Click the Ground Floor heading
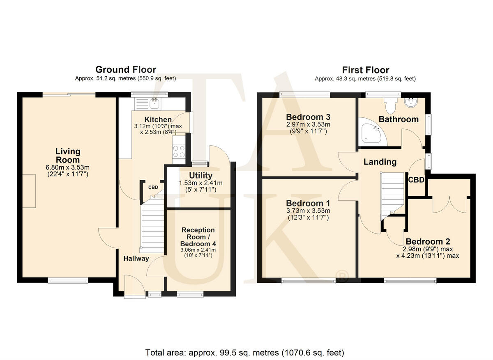pos(126,70)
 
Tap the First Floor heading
pos(366,70)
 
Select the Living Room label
pos(67,156)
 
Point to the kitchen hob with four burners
pos(179,151)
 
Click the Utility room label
pos(201,176)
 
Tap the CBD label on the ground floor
pos(153,187)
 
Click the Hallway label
pos(136,258)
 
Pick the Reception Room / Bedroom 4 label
pos(198,237)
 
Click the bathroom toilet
pos(390,105)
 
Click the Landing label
pos(380,162)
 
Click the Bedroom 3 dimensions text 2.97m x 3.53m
pos(308,124)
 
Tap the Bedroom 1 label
pos(308,203)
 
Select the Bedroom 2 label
pos(428,241)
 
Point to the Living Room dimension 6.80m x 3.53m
pos(67,167)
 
